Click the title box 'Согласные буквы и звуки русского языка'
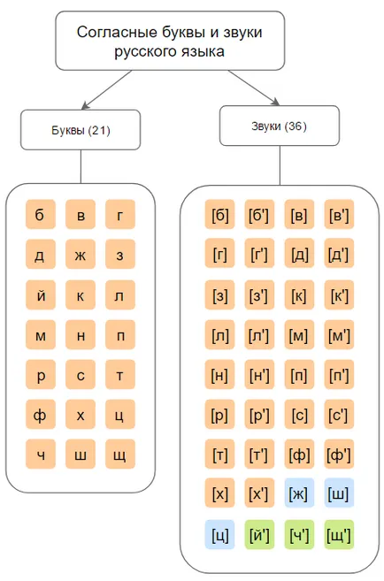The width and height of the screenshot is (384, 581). click(170, 41)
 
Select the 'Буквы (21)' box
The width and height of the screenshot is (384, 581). click(81, 130)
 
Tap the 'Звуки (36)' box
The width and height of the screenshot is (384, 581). click(280, 126)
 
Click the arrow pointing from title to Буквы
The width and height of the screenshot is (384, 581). click(106, 90)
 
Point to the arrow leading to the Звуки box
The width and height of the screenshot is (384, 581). click(254, 88)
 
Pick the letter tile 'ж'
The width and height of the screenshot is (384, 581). click(81, 254)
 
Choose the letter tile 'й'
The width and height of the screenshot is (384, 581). click(41, 294)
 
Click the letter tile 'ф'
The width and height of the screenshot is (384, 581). click(41, 414)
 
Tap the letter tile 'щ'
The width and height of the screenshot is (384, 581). click(120, 455)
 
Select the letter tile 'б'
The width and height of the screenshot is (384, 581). click(41, 214)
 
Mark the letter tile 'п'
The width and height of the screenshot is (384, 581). click(120, 335)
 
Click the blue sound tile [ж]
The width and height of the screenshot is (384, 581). click(299, 493)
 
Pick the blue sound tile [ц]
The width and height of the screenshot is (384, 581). click(219, 534)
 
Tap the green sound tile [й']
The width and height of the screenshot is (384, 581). click(259, 534)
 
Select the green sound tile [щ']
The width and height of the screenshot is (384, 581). click(339, 534)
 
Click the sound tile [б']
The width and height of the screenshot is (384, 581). click(259, 214)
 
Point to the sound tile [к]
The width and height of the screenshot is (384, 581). click(299, 294)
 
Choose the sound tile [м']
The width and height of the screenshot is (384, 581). click(339, 335)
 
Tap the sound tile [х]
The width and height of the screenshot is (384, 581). click(219, 493)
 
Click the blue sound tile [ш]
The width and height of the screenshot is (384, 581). click(339, 493)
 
